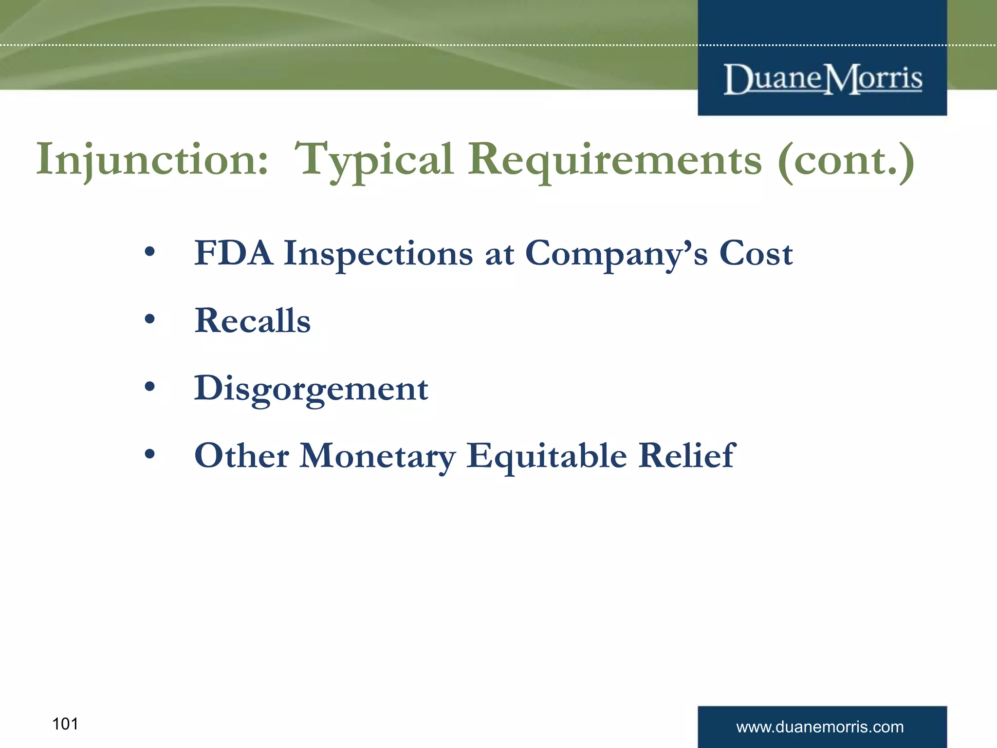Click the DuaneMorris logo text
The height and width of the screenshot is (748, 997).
(822, 79)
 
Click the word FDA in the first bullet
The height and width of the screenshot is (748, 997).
(234, 253)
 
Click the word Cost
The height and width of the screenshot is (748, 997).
(756, 253)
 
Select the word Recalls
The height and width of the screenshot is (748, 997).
(252, 321)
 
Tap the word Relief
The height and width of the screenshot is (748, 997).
(686, 455)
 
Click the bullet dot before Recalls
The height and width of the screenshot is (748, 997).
(150, 319)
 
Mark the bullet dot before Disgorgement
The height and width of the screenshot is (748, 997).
(150, 387)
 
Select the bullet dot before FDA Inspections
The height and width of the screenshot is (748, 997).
(150, 252)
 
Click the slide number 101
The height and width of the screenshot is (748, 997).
(65, 724)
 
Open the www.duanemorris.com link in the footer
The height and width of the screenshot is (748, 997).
(820, 727)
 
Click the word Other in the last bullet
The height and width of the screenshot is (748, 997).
(241, 455)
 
